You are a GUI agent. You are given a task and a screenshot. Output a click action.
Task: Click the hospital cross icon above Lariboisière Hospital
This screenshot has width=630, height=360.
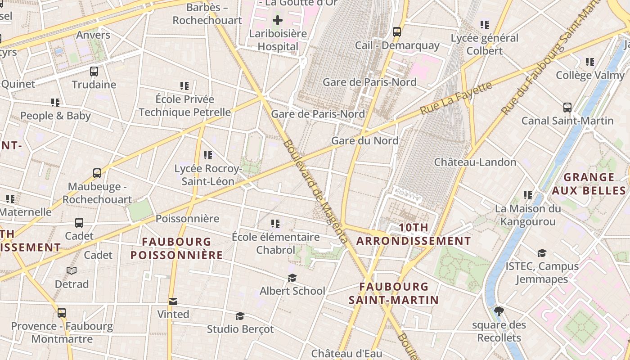tap(278, 20)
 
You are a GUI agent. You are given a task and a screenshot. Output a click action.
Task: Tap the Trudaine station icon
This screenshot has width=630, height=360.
tap(94, 71)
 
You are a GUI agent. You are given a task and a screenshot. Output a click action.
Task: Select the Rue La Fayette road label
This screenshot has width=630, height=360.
tap(456, 97)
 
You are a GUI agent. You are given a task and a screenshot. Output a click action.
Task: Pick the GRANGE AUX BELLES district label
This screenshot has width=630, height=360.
tap(589, 184)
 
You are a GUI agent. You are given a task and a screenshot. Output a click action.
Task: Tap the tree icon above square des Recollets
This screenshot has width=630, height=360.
tap(499, 311)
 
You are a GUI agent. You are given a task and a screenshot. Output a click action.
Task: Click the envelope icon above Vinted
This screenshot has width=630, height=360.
tap(173, 301)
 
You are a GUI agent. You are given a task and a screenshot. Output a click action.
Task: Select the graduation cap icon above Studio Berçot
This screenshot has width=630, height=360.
tap(240, 316)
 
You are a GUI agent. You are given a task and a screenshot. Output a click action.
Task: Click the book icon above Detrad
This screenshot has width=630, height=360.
tap(72, 270)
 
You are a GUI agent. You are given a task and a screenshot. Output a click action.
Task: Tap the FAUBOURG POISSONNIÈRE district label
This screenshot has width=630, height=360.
tap(176, 248)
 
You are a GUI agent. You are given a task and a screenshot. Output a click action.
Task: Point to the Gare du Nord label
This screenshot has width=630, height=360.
tap(364, 141)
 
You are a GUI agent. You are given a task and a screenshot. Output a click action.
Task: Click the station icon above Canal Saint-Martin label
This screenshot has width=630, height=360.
tap(567, 108)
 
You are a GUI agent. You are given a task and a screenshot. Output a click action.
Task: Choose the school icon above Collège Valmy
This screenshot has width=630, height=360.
tap(589, 62)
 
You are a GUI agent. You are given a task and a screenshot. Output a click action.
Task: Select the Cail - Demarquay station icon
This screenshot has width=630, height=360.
tap(397, 32)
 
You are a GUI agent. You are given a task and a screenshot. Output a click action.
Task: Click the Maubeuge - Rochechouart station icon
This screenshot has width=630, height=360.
tap(97, 173)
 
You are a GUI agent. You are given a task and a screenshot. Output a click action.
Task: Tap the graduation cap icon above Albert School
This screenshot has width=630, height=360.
tap(292, 278)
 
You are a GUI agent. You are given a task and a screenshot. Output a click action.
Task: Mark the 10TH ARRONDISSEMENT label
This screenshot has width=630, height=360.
tap(414, 234)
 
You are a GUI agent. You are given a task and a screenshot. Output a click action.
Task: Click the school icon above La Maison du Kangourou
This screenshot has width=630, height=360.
tap(527, 195)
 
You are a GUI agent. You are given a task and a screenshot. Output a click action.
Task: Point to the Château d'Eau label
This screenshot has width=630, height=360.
tap(346, 353)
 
